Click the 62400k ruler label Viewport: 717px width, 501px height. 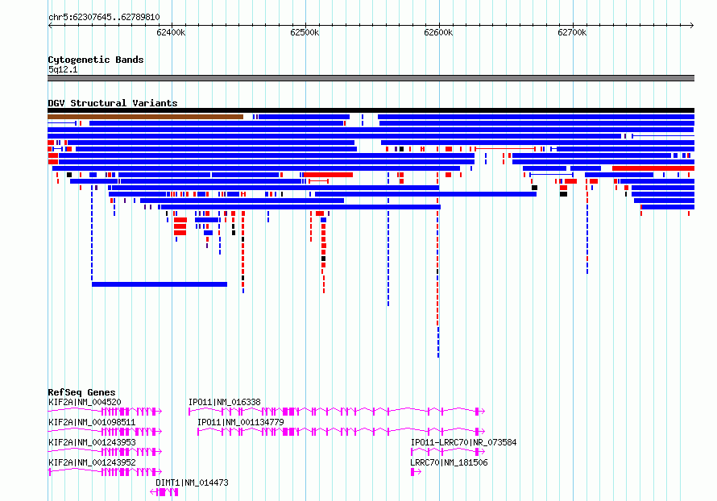click(171, 32)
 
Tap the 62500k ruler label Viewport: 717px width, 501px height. click(305, 32)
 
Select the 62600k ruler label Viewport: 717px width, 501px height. click(438, 32)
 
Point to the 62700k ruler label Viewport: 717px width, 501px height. click(572, 32)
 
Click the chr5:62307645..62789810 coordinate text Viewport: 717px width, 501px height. click(104, 18)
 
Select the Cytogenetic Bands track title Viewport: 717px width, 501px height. click(96, 60)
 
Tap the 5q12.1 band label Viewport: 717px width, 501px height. click(63, 69)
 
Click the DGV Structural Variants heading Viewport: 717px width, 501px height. click(113, 103)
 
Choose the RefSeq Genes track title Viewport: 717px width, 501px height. click(81, 392)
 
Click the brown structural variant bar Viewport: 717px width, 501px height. click(145, 117)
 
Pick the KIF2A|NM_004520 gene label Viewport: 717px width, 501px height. click(85, 402)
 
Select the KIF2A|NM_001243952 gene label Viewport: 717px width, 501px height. click(92, 462)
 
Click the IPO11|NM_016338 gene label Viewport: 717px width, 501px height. click(225, 402)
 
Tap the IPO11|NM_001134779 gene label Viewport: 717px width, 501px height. click(241, 422)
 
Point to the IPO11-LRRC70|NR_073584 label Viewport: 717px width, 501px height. click(464, 442)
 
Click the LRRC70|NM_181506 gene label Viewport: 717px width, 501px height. click(449, 462)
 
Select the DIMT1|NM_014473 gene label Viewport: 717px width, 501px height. click(192, 482)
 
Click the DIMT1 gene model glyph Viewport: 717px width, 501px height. click(164, 492)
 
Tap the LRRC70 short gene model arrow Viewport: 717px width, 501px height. click(416, 472)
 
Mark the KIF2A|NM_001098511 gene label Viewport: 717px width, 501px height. click(92, 422)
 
